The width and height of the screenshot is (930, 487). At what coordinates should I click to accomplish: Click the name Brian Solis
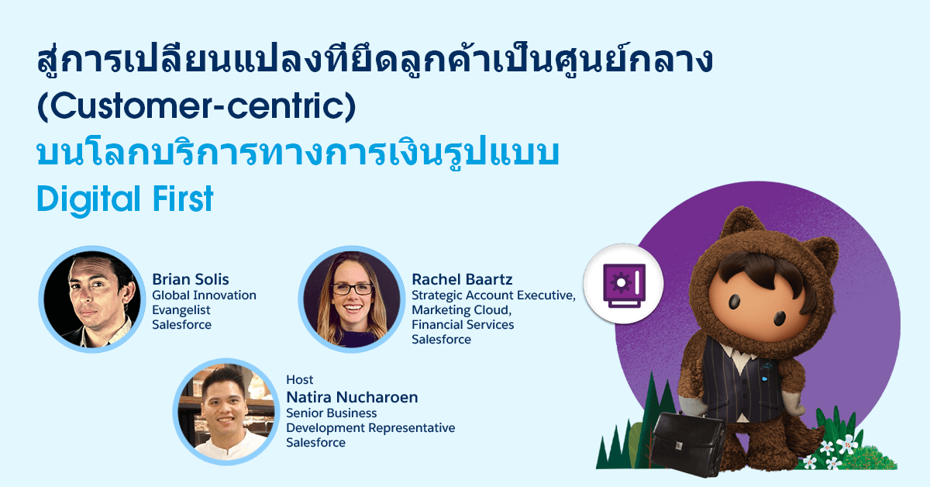(190, 279)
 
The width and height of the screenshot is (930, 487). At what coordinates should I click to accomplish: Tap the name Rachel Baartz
(462, 279)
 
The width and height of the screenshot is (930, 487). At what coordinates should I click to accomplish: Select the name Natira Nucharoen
(352, 397)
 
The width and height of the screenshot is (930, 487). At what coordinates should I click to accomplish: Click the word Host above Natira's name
(299, 380)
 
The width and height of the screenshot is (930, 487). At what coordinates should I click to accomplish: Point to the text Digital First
(126, 199)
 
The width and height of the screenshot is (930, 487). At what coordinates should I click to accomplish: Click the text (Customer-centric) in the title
(196, 107)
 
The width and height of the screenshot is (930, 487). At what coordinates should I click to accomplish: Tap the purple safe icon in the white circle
(624, 285)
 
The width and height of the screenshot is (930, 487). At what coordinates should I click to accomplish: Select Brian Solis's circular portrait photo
(92, 299)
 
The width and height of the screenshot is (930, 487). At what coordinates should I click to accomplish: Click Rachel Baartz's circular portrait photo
(352, 299)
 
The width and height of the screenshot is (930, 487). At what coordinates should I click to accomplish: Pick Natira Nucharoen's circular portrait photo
(226, 411)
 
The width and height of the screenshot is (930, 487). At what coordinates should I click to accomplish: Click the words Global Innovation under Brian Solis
(204, 295)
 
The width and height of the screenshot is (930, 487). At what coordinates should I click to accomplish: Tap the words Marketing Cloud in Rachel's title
(460, 310)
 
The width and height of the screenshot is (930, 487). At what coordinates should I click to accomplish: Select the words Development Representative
(370, 427)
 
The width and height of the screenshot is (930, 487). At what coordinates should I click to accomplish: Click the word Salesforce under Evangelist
(181, 324)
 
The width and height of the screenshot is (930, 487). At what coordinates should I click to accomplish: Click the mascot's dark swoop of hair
(769, 269)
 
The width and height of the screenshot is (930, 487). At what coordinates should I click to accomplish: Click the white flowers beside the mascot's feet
(829, 451)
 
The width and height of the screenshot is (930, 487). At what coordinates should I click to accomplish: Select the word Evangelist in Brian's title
(181, 310)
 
